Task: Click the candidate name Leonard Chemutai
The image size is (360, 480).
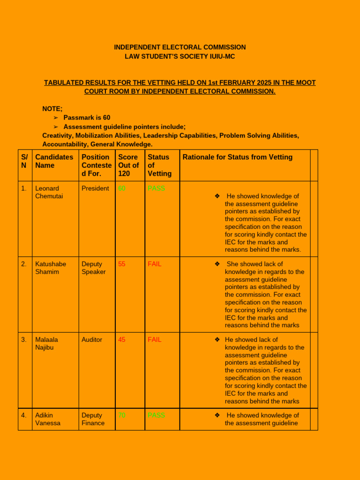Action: (49, 192)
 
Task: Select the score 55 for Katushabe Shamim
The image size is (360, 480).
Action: (122, 264)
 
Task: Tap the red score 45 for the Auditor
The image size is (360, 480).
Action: (122, 339)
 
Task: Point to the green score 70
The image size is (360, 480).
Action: (122, 415)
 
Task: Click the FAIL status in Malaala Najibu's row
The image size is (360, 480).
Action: (154, 339)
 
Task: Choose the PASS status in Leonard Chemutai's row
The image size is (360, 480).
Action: (156, 188)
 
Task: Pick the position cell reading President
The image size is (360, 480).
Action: (95, 188)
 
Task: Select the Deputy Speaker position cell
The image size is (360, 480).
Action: (94, 268)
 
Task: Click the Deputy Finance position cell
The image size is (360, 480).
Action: (93, 419)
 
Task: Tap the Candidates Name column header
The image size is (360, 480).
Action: (54, 161)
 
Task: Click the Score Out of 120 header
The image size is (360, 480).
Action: (128, 165)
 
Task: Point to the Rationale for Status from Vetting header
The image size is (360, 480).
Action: (237, 157)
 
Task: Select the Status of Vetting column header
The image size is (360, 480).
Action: (159, 165)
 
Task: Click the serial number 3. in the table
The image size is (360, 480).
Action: (24, 339)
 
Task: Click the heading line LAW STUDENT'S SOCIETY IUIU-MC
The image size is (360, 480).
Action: (180, 56)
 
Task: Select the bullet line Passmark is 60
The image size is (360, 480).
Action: (87, 118)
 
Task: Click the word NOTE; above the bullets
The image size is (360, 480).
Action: (52, 109)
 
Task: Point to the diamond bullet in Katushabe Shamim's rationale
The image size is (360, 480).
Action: (217, 264)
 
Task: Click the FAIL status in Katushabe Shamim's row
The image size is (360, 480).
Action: (154, 264)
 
